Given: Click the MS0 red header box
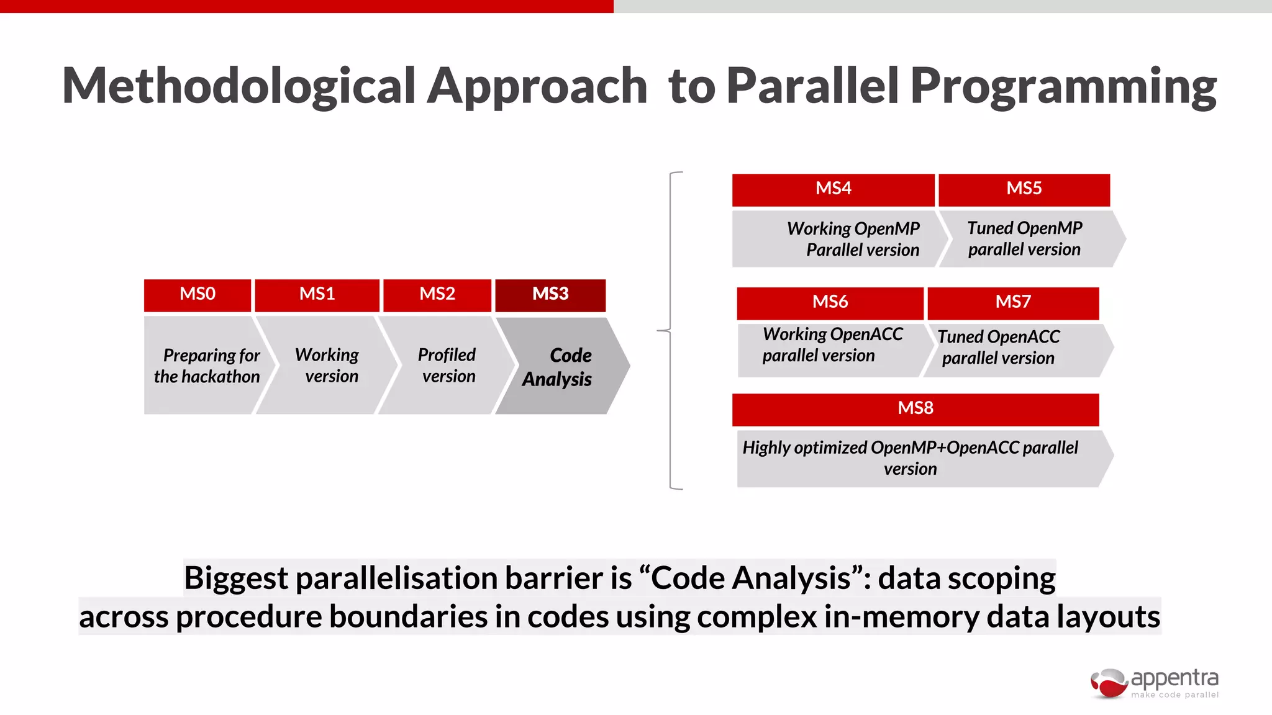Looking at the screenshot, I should click(x=198, y=295).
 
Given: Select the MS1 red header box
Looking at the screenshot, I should click(x=317, y=295).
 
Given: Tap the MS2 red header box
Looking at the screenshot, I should click(x=437, y=295).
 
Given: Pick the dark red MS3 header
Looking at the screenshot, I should click(x=550, y=295).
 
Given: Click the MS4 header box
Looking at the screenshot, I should click(x=833, y=189).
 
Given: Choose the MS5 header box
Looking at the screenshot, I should click(x=1024, y=189).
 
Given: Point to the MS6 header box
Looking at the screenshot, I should click(x=830, y=303).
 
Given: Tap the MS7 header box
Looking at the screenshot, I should click(x=1013, y=303).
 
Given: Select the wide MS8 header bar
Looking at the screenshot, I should click(x=915, y=409).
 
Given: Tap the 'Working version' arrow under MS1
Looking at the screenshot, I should click(x=327, y=366).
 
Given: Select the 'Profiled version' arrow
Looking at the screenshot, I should click(x=446, y=366).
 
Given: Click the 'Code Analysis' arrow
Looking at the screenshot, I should click(x=559, y=367).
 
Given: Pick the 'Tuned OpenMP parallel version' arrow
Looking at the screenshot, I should click(x=1025, y=239).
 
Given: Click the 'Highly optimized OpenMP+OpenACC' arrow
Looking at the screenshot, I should click(x=913, y=458).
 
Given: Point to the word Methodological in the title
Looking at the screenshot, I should click(x=239, y=87).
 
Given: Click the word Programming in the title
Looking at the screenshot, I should click(x=1063, y=87).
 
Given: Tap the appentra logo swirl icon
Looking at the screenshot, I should click(x=1109, y=683).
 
